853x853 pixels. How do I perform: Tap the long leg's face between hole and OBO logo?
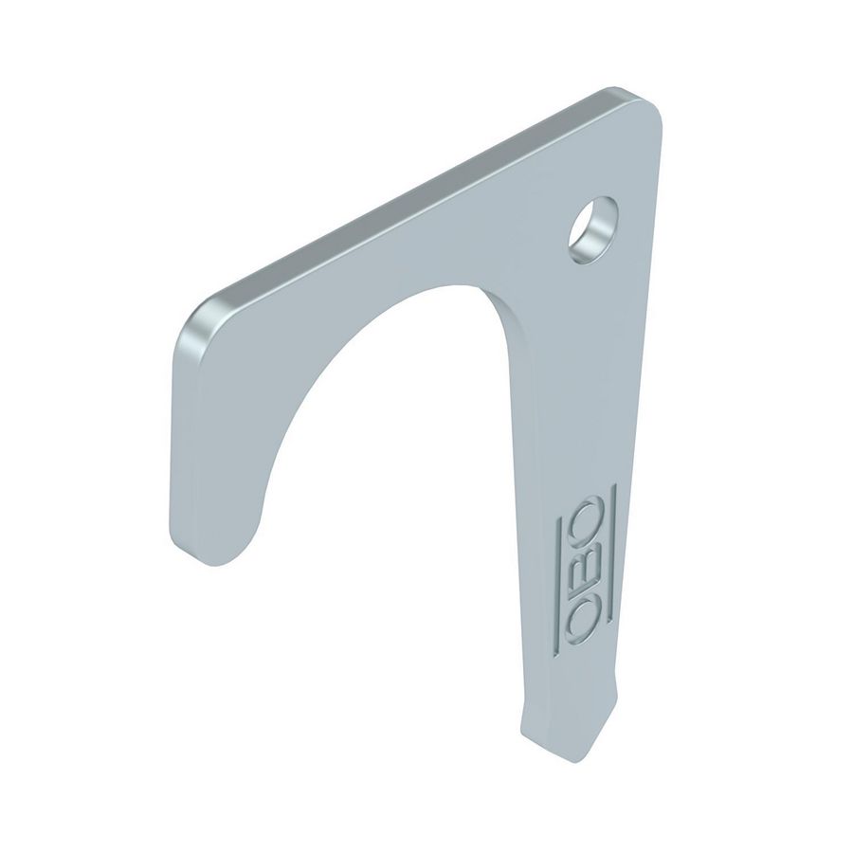[569, 379]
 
